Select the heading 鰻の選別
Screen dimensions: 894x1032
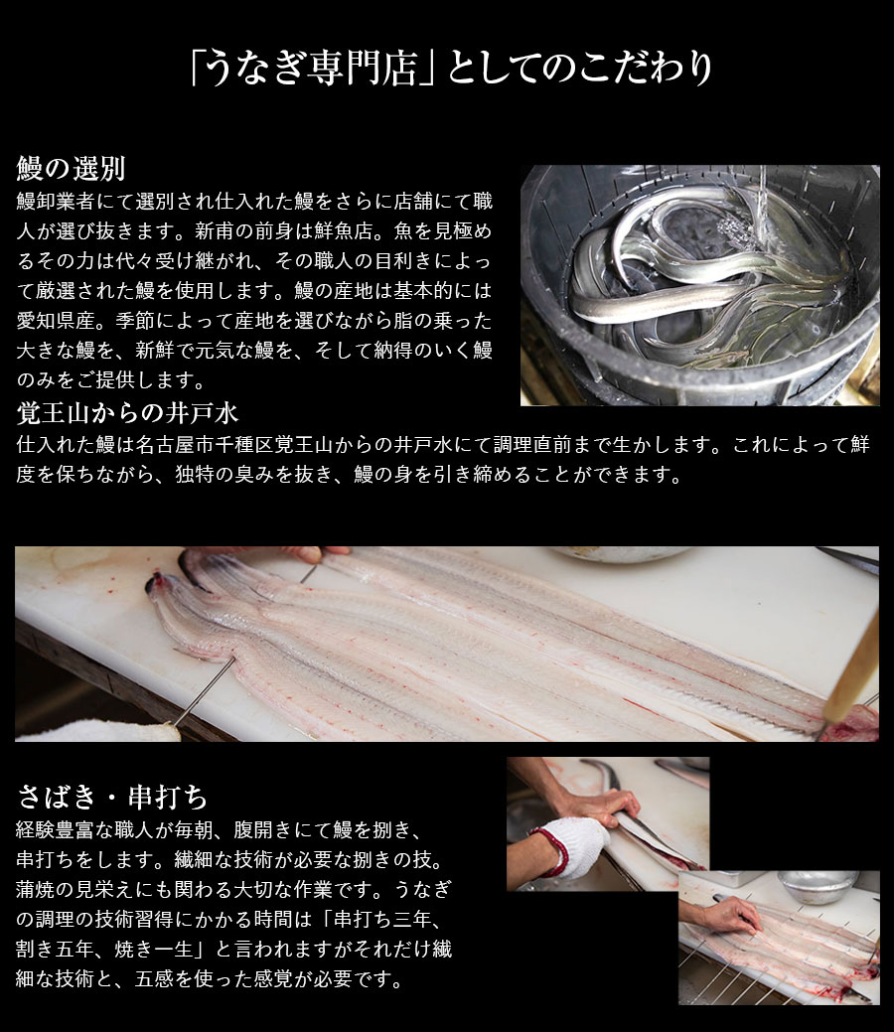pyautogui.click(x=72, y=169)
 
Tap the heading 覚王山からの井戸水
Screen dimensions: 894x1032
pyautogui.click(x=128, y=412)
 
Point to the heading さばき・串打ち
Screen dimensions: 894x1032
pyautogui.click(x=112, y=797)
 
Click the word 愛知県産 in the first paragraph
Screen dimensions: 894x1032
pyautogui.click(x=58, y=321)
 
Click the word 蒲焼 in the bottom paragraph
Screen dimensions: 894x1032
pyautogui.click(x=36, y=889)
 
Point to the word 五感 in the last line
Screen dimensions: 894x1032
pyautogui.click(x=155, y=978)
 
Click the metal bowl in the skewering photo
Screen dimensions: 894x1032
pyautogui.click(x=819, y=886)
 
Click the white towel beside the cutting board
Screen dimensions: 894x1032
pyautogui.click(x=97, y=731)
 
